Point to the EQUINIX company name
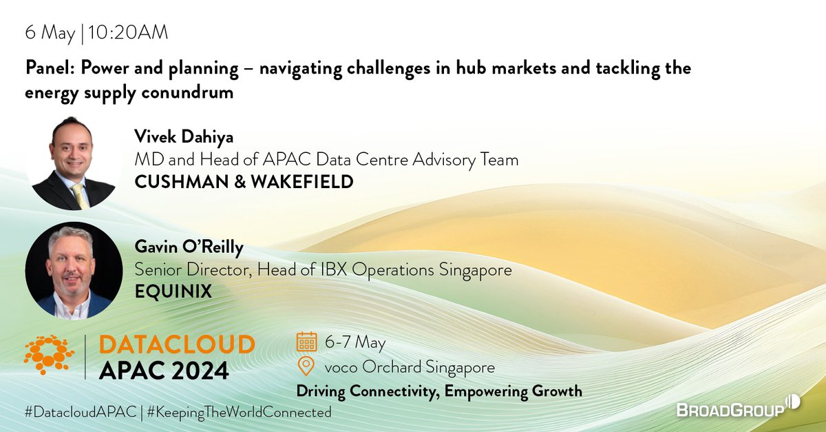point(173,292)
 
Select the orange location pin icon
point(306,366)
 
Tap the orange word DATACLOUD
point(176,344)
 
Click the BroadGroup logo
point(735,409)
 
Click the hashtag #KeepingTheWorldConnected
point(239,412)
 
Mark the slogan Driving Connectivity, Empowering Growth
point(438,391)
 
